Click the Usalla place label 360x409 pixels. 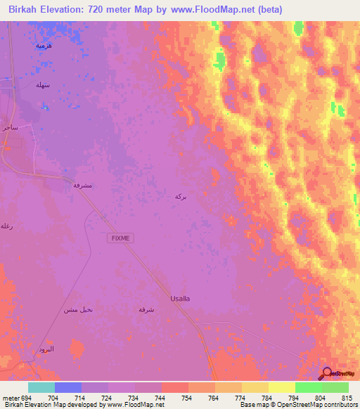tap(180, 298)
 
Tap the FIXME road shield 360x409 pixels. tap(120, 238)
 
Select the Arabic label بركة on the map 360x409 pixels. tap(181, 197)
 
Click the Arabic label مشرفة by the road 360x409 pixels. tap(83, 185)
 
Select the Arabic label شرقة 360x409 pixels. tap(147, 309)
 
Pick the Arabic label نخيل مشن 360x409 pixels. tap(78, 309)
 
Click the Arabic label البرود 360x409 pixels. tap(46, 349)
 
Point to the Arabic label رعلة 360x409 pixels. tap(6, 226)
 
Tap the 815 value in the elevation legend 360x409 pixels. tap(347, 397)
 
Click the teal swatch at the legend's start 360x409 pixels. tap(41, 387)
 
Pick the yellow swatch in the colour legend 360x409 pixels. tap(282, 387)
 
